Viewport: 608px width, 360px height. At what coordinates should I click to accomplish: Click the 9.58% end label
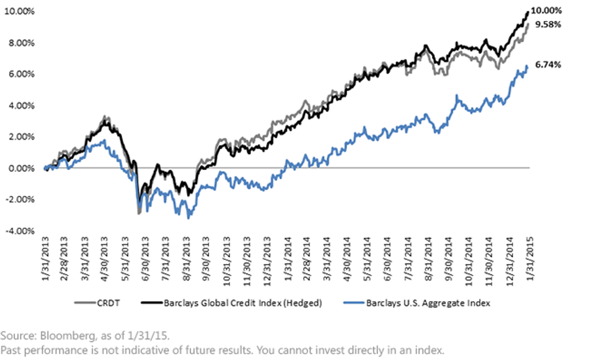pos(548,25)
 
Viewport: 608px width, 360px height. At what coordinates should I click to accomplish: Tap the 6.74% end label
pos(548,65)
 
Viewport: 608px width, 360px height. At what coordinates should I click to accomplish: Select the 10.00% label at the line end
pos(546,11)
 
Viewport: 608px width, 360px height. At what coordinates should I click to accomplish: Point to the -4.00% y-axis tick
pos(20,231)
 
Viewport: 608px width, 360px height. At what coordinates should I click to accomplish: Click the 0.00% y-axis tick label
pos(21,169)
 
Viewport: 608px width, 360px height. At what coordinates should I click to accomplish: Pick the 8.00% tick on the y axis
pos(21,43)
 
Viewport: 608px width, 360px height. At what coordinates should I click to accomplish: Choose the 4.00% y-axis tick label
pos(21,105)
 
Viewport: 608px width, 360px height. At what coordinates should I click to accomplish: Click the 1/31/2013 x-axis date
pos(45,259)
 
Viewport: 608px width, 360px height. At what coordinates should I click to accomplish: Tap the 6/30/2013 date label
pos(145,259)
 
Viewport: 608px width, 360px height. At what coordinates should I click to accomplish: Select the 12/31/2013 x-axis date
pos(267,261)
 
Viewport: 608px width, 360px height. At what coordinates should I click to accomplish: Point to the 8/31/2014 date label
pos(428,259)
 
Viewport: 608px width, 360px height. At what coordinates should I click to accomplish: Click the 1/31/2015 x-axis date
pos(530,259)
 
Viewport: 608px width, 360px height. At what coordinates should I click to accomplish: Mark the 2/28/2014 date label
pos(307,259)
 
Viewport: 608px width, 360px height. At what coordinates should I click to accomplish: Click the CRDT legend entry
pos(108,303)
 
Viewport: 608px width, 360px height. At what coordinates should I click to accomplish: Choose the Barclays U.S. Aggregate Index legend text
pos(428,303)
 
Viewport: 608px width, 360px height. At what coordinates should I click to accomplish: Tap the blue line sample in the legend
pos(354,302)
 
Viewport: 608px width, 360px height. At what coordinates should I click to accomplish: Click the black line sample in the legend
pos(151,302)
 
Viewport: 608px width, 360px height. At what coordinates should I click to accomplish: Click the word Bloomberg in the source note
pos(67,336)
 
